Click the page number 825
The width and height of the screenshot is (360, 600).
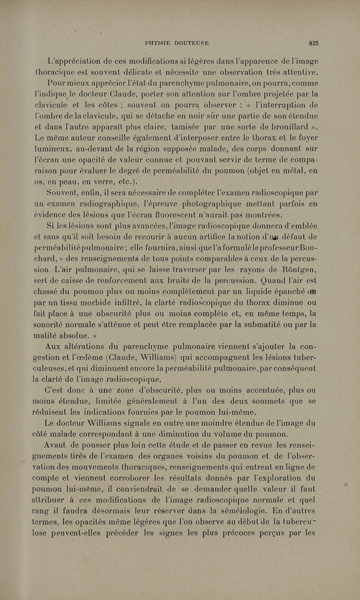314,43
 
